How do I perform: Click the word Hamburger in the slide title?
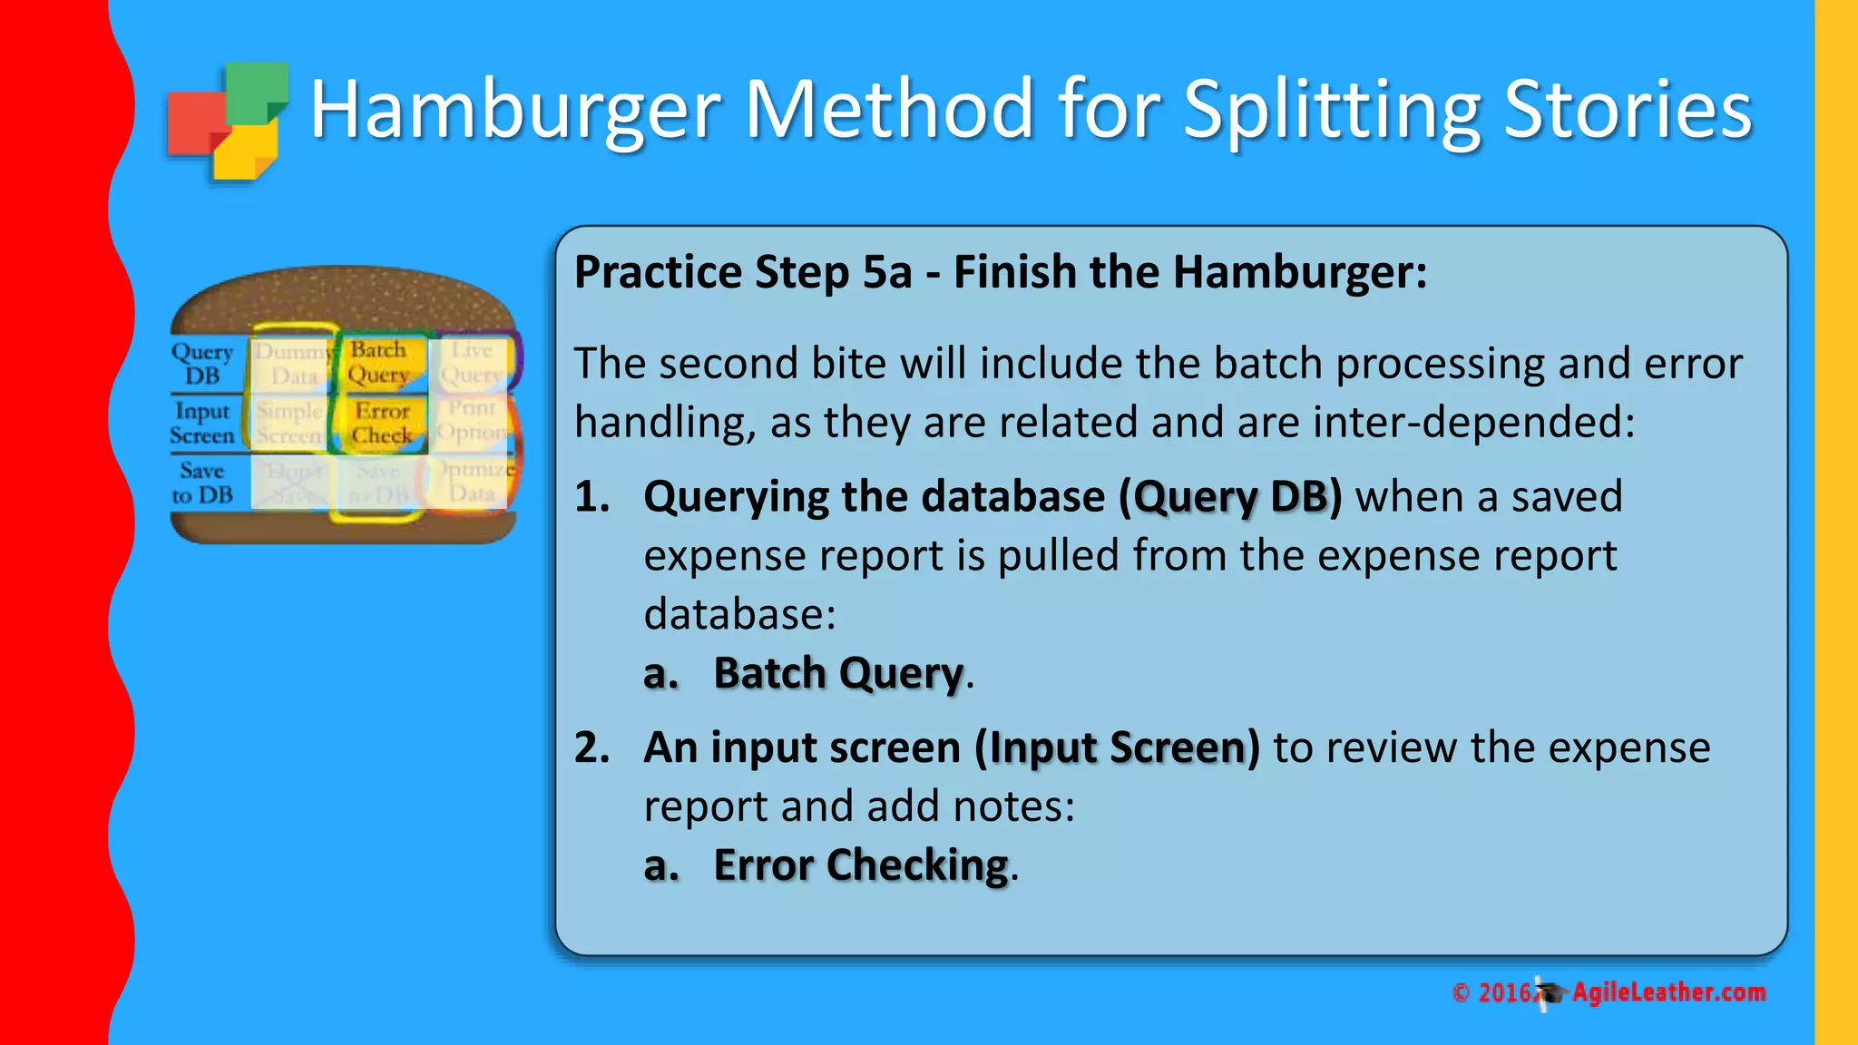click(514, 111)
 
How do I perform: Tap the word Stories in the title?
click(1628, 111)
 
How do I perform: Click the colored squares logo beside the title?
click(228, 121)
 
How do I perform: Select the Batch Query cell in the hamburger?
click(379, 362)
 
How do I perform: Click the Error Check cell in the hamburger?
click(382, 424)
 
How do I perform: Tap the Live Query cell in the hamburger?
click(472, 362)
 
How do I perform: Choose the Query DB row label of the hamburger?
click(203, 363)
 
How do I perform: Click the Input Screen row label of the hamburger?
click(202, 424)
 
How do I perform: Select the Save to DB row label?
click(202, 483)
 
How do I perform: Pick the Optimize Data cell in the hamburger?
click(473, 482)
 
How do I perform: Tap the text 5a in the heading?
click(886, 272)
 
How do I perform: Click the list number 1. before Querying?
click(592, 497)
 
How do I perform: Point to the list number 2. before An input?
click(592, 747)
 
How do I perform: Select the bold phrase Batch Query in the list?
click(838, 674)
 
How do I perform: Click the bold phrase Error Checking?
click(861, 865)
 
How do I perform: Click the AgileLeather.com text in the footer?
click(1668, 992)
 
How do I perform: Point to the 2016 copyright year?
click(1504, 993)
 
